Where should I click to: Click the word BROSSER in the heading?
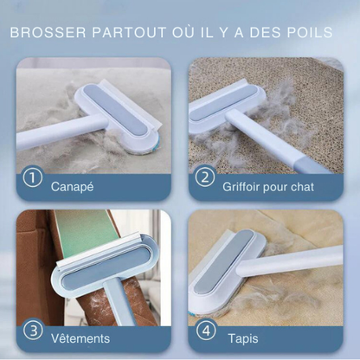(48, 33)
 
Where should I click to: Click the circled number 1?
(33, 177)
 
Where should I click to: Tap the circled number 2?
(205, 177)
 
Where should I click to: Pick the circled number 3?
(34, 331)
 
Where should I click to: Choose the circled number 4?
(206, 331)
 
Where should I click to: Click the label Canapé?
(73, 187)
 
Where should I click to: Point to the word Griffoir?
(241, 187)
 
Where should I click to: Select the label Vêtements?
(80, 338)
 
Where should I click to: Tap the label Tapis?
(243, 338)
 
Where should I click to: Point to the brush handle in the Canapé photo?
(59, 132)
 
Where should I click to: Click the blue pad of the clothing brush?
(108, 267)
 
